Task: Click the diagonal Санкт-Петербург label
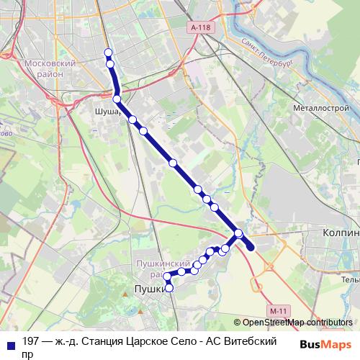click(x=266, y=50)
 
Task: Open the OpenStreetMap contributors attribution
click(x=297, y=322)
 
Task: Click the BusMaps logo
click(x=325, y=343)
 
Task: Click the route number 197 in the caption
click(x=31, y=341)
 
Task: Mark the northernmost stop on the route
click(x=109, y=52)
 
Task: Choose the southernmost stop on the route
click(x=170, y=289)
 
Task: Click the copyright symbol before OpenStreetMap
click(x=237, y=322)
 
